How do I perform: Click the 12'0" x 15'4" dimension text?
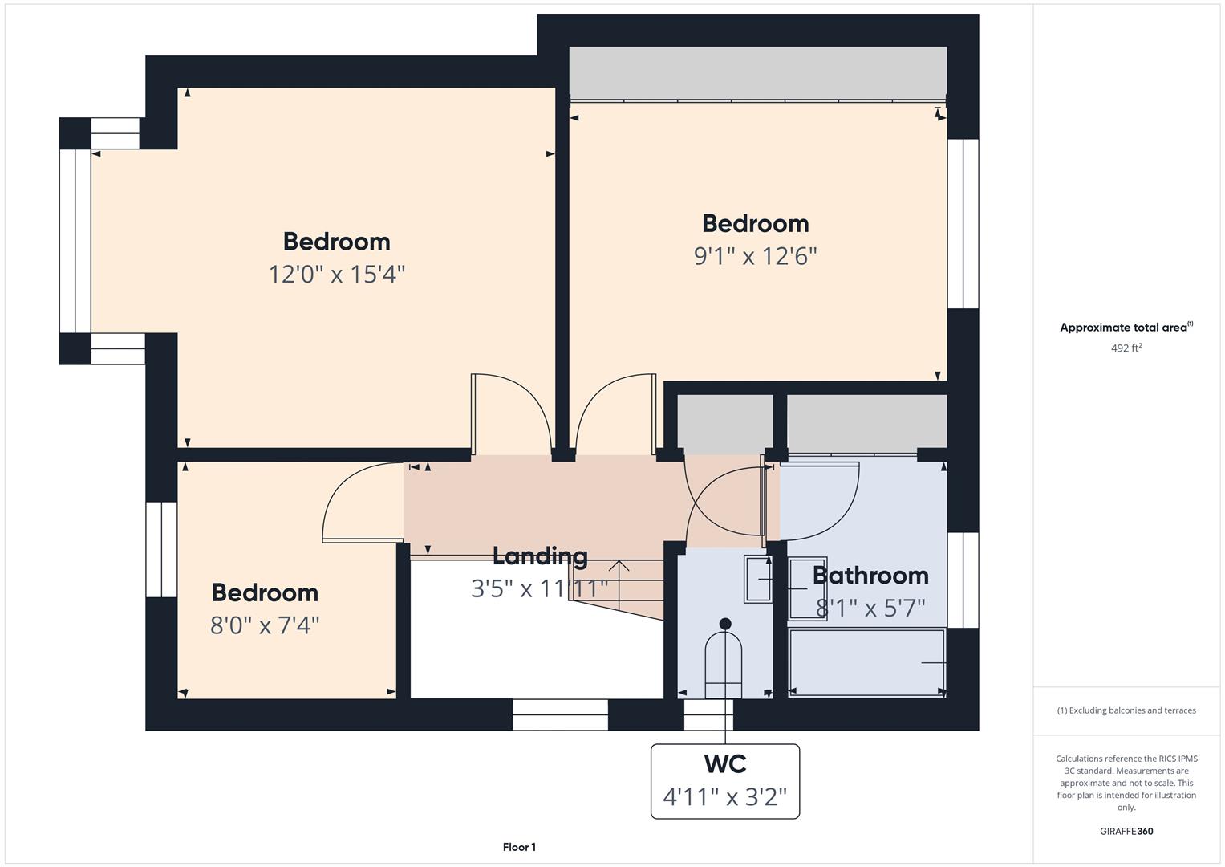point(337,275)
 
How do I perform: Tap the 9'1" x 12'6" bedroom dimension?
point(755,256)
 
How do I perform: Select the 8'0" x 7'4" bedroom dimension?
point(265,625)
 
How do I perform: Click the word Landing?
point(540,556)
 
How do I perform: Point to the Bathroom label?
point(870,575)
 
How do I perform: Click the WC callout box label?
point(725,763)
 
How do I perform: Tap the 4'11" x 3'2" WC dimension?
point(725,797)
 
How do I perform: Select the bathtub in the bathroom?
point(866,662)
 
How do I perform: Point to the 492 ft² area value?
point(1126,348)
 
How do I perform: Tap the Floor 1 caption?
point(519,847)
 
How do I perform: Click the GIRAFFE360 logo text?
point(1126,831)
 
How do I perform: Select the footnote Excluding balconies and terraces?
point(1126,710)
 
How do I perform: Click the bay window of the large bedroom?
point(75,241)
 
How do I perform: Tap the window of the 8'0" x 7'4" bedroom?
point(161,550)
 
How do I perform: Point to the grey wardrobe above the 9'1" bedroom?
point(758,72)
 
